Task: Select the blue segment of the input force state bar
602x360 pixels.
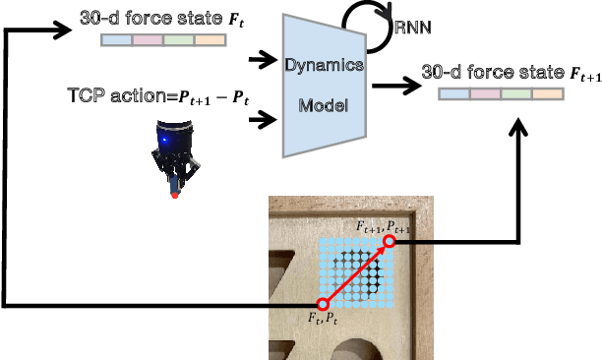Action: point(116,40)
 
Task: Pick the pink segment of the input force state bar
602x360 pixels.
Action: point(148,40)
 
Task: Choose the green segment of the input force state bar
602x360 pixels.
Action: point(179,40)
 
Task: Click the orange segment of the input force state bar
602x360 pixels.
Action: point(211,40)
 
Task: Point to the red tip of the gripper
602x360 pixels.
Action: point(175,195)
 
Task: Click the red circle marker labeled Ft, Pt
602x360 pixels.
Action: point(322,305)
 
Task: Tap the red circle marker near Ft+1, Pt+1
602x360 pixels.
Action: point(390,241)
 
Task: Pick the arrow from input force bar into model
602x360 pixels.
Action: point(261,61)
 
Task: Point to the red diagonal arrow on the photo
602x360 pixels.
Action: point(355,273)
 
